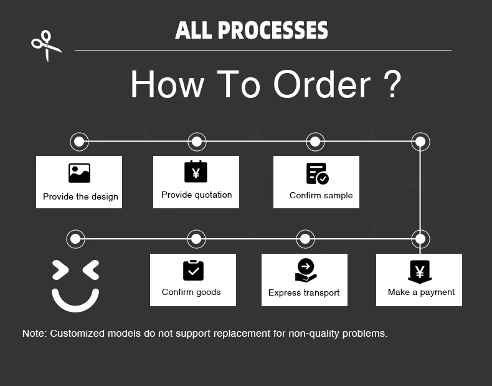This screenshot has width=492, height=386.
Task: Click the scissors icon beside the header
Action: pos(46,46)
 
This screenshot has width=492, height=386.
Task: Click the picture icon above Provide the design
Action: pos(79,173)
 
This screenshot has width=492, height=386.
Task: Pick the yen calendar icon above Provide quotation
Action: pos(196,171)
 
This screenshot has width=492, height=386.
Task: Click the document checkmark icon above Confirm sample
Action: pos(317,173)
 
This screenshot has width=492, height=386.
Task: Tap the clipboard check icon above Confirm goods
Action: pos(193,271)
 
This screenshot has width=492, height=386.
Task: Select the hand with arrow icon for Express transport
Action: pos(305,270)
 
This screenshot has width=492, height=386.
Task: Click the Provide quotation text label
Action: pos(196,195)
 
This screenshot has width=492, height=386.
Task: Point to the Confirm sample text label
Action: pos(321,195)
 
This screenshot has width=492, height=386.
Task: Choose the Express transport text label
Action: pos(304,292)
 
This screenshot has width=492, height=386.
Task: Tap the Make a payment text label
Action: pos(421,292)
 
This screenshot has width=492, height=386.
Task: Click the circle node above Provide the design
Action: pos(78,142)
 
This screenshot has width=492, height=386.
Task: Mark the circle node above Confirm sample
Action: pos(315,142)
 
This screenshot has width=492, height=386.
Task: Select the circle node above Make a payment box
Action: pos(420,239)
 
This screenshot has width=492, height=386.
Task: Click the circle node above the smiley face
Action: pos(75,239)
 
